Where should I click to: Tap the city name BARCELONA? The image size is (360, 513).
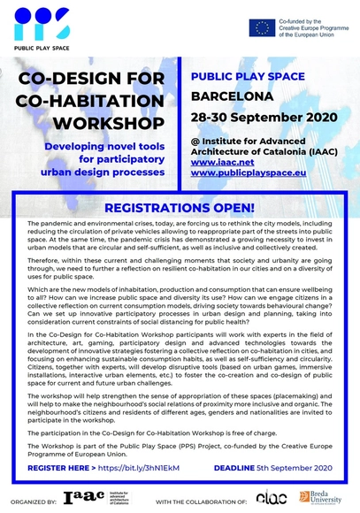pos(233,99)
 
